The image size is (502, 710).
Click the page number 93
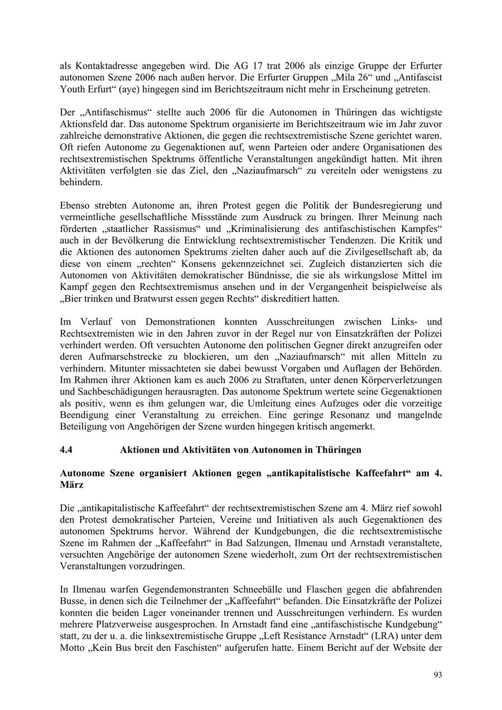point(438,675)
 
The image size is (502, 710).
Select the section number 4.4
point(66,450)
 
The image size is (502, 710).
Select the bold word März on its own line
point(71,485)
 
